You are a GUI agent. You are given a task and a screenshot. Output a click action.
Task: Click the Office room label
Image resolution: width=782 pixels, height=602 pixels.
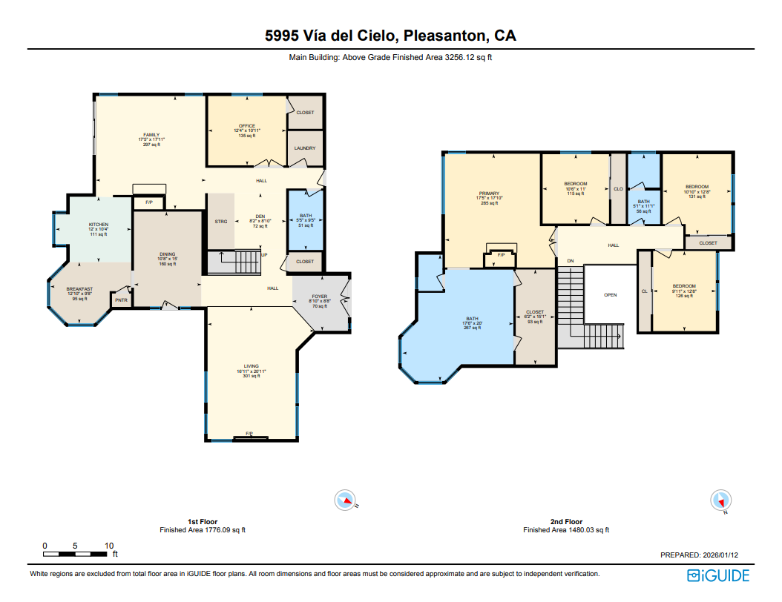pyautogui.click(x=247, y=126)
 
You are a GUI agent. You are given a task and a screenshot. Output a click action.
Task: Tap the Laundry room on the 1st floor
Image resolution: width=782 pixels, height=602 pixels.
pyautogui.click(x=305, y=148)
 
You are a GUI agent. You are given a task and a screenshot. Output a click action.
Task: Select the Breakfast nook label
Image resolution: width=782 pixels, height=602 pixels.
pyautogui.click(x=79, y=289)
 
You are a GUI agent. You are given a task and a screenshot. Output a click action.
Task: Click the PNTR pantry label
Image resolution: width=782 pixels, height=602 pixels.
pyautogui.click(x=121, y=300)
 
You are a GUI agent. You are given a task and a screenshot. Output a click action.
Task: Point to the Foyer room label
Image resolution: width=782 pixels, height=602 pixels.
pyautogui.click(x=320, y=297)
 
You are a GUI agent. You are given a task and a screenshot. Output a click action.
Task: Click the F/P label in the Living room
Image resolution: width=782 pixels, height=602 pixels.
pyautogui.click(x=249, y=434)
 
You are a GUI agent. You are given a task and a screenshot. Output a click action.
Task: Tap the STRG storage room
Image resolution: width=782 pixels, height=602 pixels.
pyautogui.click(x=221, y=222)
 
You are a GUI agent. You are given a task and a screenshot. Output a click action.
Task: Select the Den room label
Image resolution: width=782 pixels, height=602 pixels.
pyautogui.click(x=260, y=216)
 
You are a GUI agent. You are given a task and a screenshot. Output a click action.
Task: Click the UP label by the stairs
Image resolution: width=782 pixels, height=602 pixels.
pyautogui.click(x=264, y=255)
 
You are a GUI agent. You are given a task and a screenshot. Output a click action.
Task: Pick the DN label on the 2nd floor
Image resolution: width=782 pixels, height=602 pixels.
pyautogui.click(x=571, y=261)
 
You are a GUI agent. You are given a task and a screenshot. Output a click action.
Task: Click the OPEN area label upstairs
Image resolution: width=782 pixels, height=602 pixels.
pyautogui.click(x=610, y=295)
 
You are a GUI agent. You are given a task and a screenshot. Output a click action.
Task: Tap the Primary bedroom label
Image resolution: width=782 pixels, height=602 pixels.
pyautogui.click(x=489, y=193)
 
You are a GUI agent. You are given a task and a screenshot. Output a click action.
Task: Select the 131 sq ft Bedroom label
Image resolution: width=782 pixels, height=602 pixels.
pyautogui.click(x=697, y=187)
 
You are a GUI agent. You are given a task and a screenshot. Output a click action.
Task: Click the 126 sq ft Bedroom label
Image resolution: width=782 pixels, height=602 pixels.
pyautogui.click(x=684, y=286)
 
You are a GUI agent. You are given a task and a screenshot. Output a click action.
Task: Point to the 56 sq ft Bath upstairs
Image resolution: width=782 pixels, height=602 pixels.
pyautogui.click(x=643, y=202)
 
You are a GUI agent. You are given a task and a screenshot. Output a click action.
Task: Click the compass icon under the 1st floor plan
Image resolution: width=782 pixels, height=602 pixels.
pyautogui.click(x=346, y=500)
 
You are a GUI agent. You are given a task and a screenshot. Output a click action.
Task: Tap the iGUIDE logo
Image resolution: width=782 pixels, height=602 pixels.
pyautogui.click(x=718, y=575)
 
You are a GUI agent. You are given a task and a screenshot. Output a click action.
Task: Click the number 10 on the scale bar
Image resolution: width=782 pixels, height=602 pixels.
pyautogui.click(x=109, y=546)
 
